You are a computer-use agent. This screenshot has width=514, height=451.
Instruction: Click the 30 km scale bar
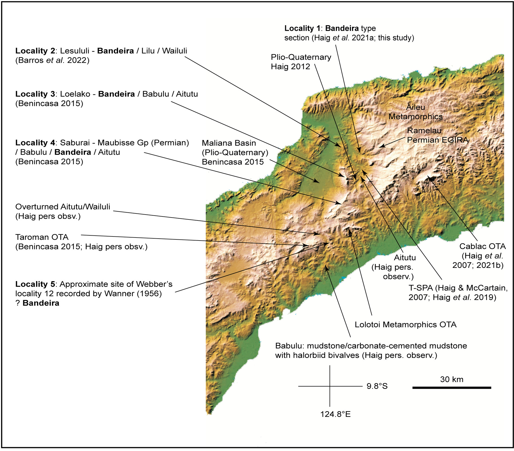pyautogui.click(x=451, y=388)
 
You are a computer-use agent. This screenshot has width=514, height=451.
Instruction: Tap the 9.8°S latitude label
pyautogui.click(x=377, y=386)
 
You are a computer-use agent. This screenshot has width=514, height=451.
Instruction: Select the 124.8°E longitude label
pyautogui.click(x=335, y=414)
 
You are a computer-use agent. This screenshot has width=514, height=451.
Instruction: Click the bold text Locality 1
pyautogui.click(x=302, y=28)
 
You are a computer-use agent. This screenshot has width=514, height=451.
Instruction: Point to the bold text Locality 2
pyautogui.click(x=35, y=51)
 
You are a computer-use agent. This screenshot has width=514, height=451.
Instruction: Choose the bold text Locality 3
pyautogui.click(x=35, y=94)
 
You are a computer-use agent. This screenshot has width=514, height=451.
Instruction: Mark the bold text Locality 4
pyautogui.click(x=35, y=143)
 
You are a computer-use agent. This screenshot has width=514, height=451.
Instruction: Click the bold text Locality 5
pyautogui.click(x=35, y=284)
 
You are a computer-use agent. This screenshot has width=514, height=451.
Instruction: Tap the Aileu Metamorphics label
pyautogui.click(x=415, y=112)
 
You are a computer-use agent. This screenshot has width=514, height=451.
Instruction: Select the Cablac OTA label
pyautogui.click(x=482, y=246)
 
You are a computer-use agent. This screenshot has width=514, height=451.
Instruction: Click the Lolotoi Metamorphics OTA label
pyautogui.click(x=405, y=324)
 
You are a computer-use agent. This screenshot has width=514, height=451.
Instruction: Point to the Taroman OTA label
pyautogui.click(x=42, y=237)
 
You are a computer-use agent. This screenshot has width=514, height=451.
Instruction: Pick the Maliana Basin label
pyautogui.click(x=229, y=143)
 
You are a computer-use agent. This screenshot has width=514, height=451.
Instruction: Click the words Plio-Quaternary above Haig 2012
pyautogui.click(x=301, y=57)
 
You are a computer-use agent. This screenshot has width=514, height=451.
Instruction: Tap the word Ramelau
pyautogui.click(x=424, y=130)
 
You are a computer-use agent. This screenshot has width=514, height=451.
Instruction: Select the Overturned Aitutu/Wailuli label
pyautogui.click(x=63, y=207)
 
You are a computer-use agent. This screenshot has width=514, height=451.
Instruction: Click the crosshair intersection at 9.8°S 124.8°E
pyautogui.click(x=330, y=386)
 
